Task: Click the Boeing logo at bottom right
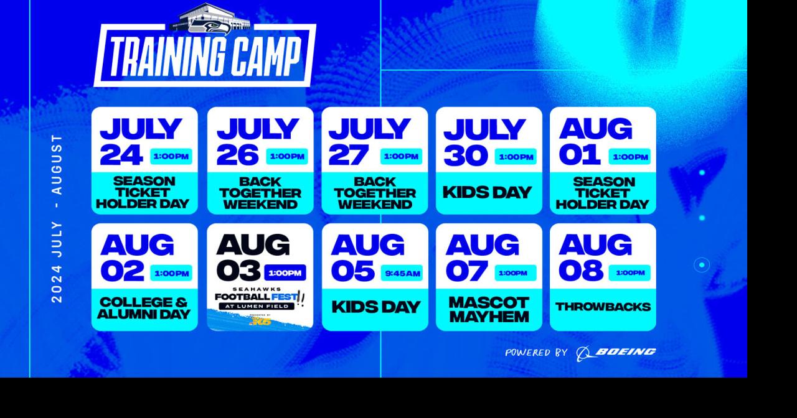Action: point(616,353)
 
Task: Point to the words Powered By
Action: point(536,353)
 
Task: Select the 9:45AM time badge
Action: point(402,273)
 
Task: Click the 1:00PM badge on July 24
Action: point(171,156)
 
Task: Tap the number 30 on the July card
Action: point(466,156)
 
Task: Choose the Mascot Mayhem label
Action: point(489,309)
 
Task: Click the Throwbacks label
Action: point(603,307)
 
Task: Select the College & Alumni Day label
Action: point(144,308)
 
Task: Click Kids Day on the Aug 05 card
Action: point(375,307)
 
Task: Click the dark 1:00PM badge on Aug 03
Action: point(285,273)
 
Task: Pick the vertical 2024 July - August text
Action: point(57,218)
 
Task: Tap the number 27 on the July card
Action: point(349,156)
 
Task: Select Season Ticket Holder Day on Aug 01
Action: point(603,193)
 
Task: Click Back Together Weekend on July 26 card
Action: point(260,193)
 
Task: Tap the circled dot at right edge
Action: point(702,265)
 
